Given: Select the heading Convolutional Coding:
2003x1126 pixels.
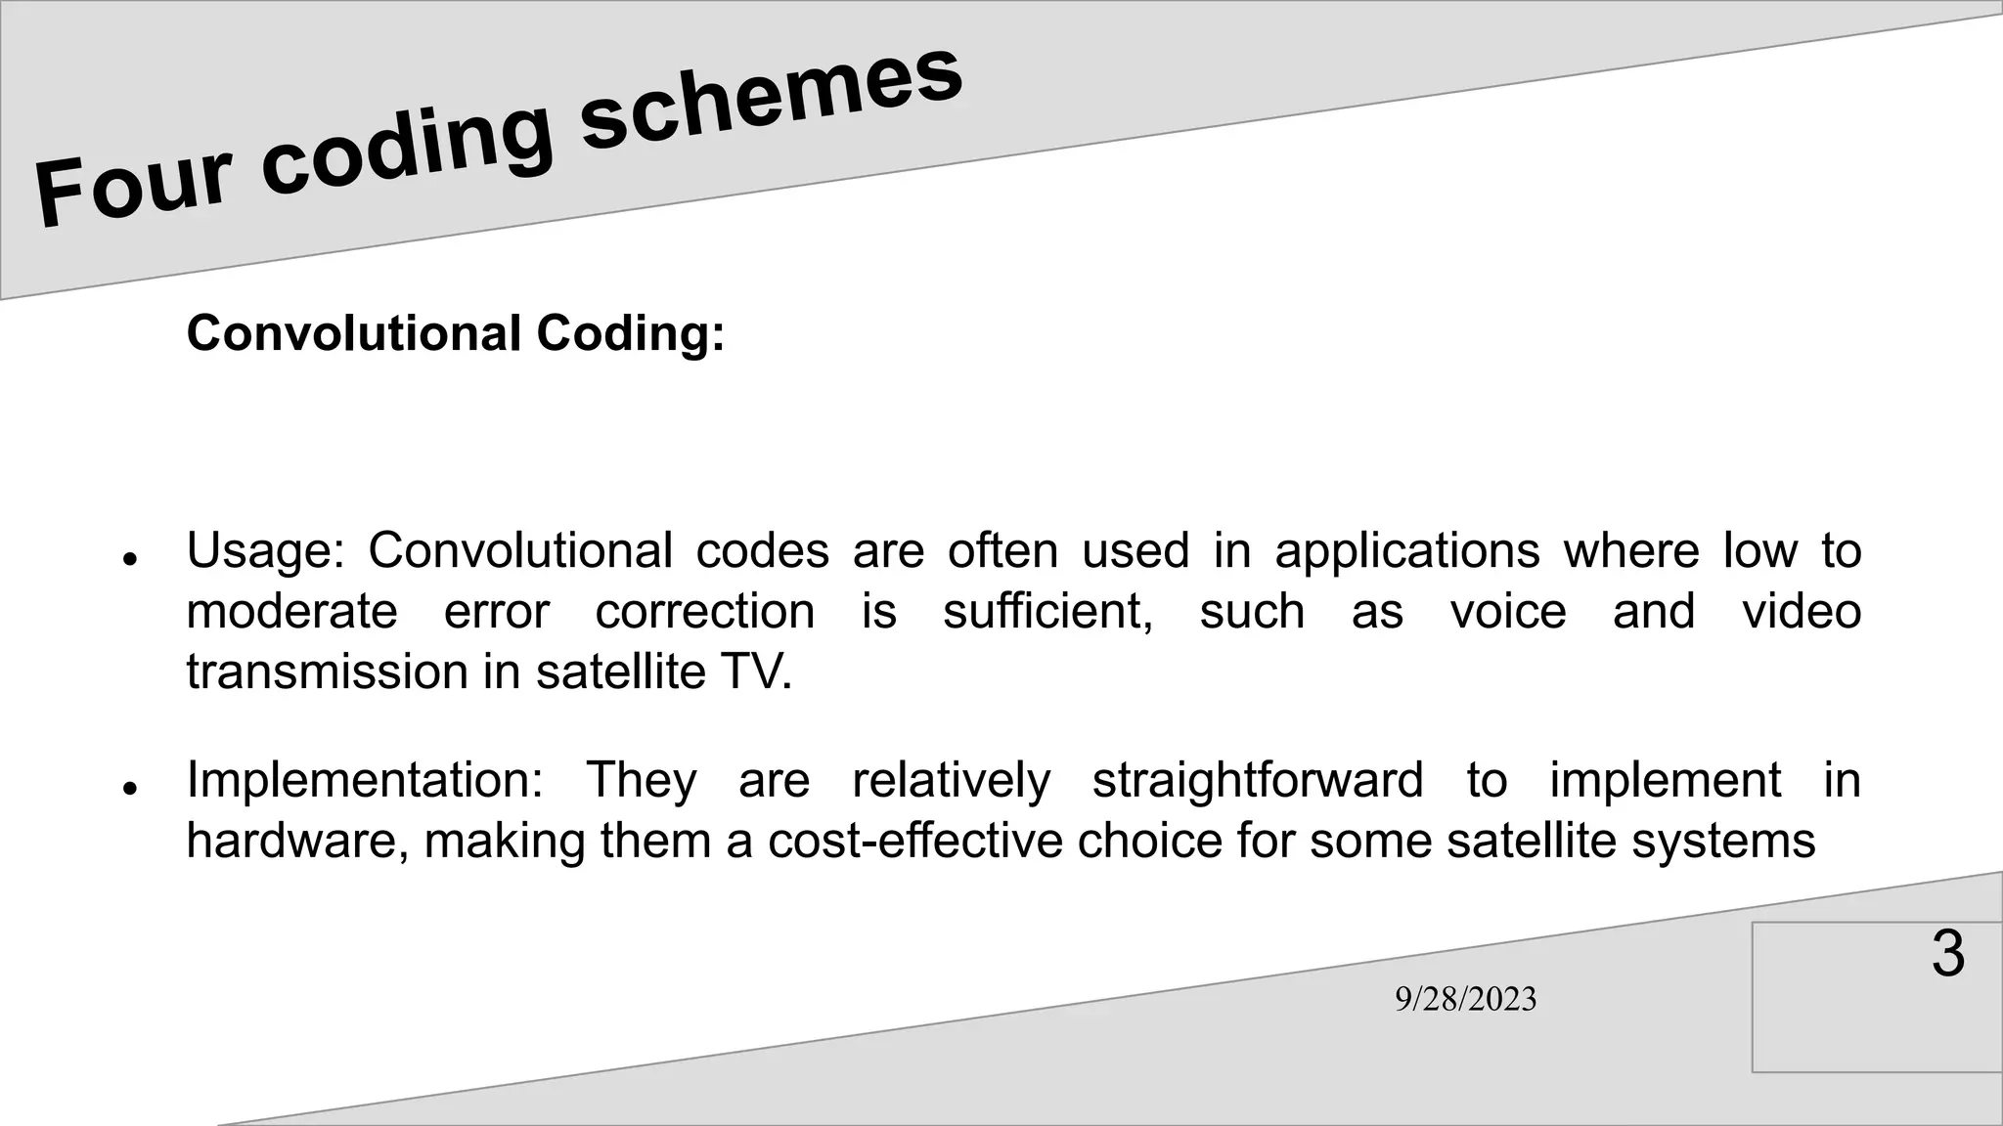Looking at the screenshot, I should point(456,333).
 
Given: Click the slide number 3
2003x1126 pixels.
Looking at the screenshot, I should point(1947,954).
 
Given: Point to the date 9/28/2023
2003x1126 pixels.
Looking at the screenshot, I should point(1465,999).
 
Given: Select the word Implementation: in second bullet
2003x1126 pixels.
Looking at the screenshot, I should point(364,780).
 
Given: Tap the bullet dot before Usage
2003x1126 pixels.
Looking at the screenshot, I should point(128,559).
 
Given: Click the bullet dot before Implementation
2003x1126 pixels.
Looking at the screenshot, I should point(128,788).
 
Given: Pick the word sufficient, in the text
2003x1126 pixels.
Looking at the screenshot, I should point(1047,612).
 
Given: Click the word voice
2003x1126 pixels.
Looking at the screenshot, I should point(1508,612).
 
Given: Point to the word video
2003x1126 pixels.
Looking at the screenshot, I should point(1801,612).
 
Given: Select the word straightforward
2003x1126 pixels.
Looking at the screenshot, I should point(1257,780).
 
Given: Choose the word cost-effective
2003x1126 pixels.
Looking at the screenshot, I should point(914,841).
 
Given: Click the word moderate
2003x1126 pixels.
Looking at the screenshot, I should point(291,612).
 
